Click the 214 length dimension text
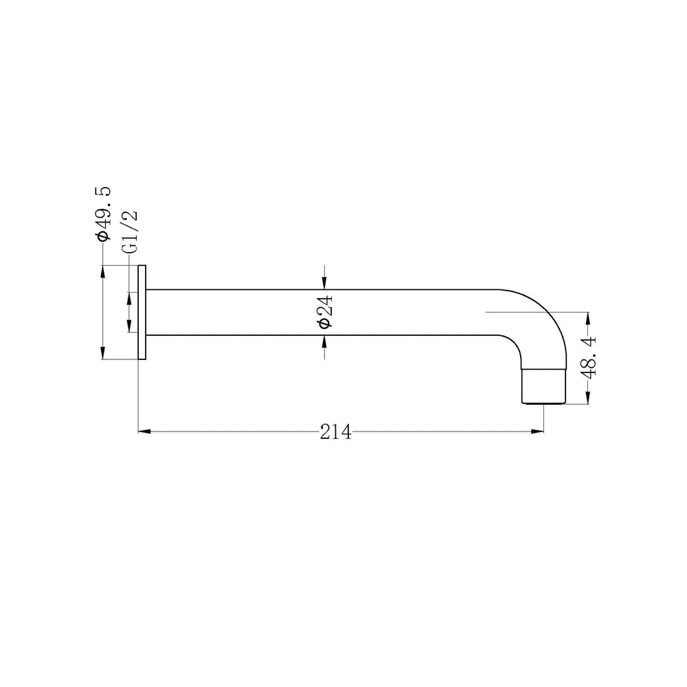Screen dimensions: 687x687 tap(336, 432)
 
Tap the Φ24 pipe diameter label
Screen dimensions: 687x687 tap(326, 311)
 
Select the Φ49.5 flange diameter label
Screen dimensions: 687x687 tap(104, 214)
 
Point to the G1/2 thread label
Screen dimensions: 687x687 tap(130, 232)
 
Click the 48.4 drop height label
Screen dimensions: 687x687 tap(589, 357)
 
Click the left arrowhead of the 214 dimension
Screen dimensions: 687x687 tap(144, 431)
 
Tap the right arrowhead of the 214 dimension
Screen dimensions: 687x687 tap(537, 431)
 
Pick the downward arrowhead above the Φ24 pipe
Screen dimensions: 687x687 tap(324, 283)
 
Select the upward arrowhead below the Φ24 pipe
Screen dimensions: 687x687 tap(324, 341)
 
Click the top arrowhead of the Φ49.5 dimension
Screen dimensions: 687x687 tap(102, 271)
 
